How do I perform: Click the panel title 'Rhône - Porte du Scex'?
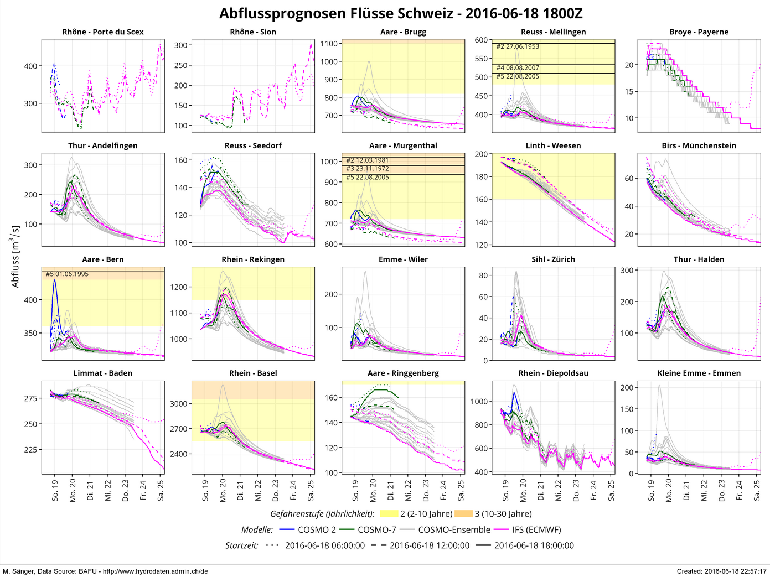click(x=103, y=32)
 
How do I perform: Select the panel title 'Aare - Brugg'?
click(x=403, y=32)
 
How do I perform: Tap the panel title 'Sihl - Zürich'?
click(x=553, y=259)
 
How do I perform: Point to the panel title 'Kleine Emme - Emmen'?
click(x=699, y=373)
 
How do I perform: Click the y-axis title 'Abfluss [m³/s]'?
click(x=15, y=256)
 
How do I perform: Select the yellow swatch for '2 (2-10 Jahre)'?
click(x=389, y=514)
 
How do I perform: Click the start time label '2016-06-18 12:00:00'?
click(x=429, y=545)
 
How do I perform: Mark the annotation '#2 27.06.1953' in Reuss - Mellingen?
click(x=518, y=46)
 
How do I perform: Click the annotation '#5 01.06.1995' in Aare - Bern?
click(x=67, y=274)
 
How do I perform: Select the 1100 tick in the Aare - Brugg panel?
click(x=329, y=44)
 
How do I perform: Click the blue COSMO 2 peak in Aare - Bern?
click(x=54, y=280)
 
